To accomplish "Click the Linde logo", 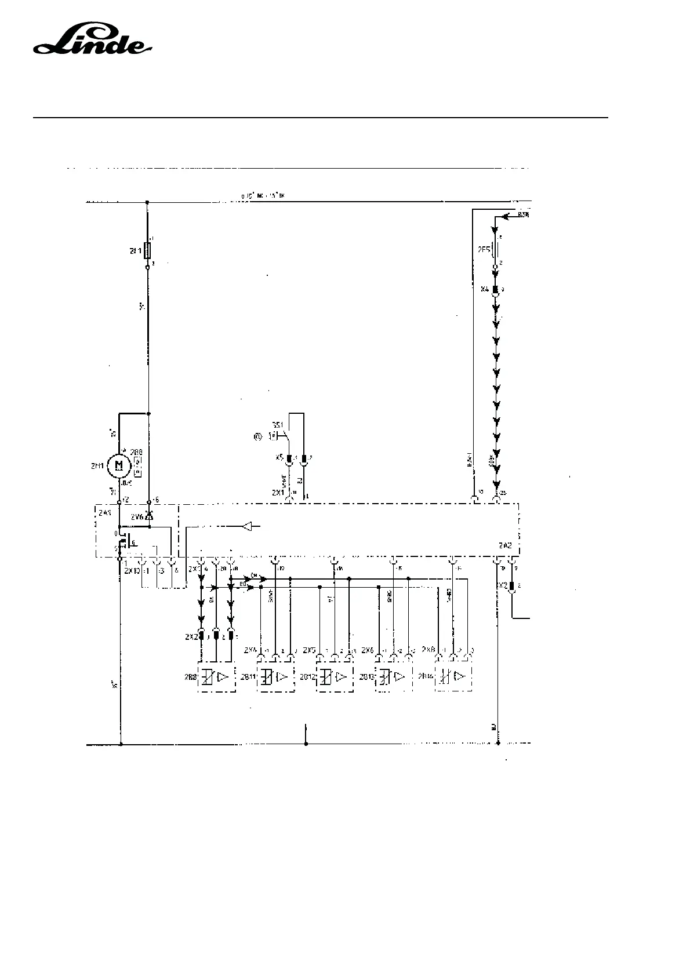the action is (x=92, y=41).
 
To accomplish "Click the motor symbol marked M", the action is (x=119, y=465).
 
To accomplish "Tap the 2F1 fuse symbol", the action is (x=148, y=251).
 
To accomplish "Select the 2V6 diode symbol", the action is (x=149, y=515).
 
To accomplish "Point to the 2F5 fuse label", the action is (x=483, y=250).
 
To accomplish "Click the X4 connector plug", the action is (x=496, y=289).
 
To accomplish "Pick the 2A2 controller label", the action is (x=504, y=545).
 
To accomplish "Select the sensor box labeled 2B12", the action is (x=335, y=676).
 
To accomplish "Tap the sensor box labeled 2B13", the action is (x=394, y=676).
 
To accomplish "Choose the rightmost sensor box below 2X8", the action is (x=453, y=676).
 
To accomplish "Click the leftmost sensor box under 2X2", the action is (x=216, y=676).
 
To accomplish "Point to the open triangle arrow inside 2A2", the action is (x=247, y=527).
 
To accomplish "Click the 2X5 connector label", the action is (x=309, y=650).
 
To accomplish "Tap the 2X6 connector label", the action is (x=368, y=650).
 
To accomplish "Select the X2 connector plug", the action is (x=511, y=585).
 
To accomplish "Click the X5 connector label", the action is (x=279, y=458).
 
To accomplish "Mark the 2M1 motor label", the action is (x=97, y=465).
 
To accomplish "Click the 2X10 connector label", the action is (x=132, y=571).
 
